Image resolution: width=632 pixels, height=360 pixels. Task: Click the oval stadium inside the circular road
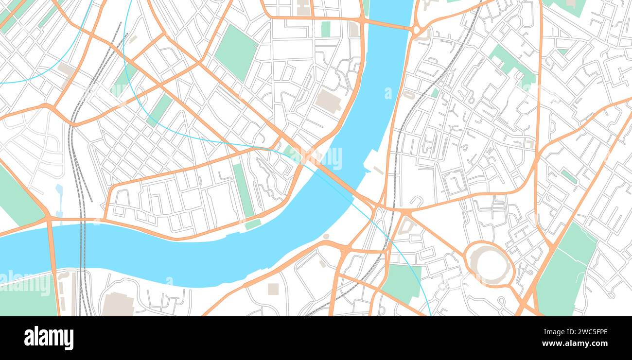pos(490,264)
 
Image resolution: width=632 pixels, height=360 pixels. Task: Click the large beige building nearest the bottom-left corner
pos(118,305)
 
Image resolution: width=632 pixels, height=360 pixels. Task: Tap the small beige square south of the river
pos(273,289)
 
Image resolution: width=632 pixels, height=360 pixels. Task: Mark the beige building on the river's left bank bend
pos(329,101)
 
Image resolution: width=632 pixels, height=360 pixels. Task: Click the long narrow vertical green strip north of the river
pos(243,190)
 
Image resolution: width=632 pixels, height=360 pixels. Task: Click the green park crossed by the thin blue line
pos(402,282)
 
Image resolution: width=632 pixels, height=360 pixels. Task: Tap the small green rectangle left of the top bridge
pos(325,29)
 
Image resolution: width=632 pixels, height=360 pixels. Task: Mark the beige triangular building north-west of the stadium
pos(405,226)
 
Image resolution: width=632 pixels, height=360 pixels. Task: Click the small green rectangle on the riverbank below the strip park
pos(253,224)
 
